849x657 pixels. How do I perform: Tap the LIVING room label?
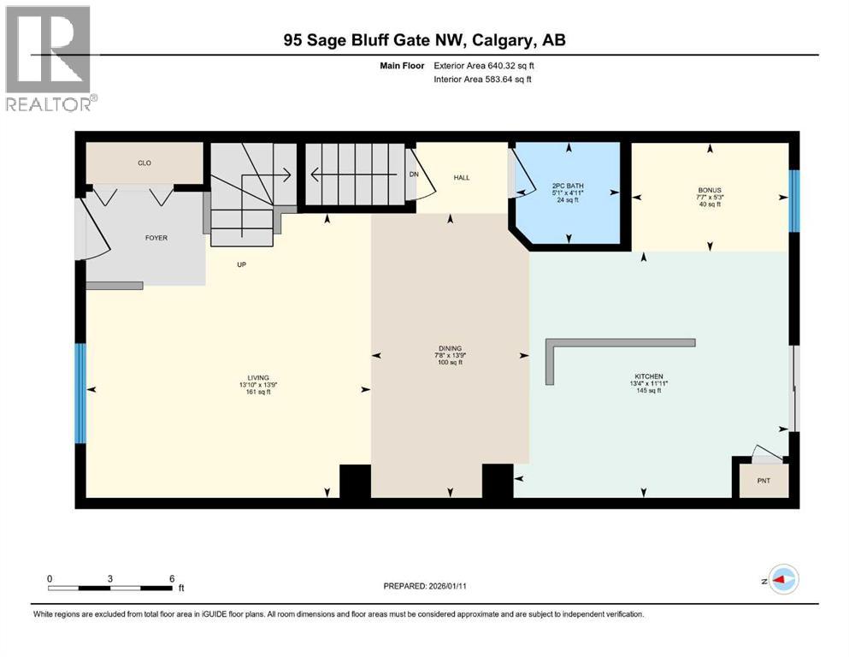click(258, 377)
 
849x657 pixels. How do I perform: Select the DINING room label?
click(450, 348)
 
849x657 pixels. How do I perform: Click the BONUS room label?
click(710, 190)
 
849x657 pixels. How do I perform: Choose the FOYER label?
click(156, 238)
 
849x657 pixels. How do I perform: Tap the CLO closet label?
click(144, 163)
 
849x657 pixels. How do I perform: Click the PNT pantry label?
click(764, 481)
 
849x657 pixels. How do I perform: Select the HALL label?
click(462, 178)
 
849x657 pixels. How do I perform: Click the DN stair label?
click(414, 174)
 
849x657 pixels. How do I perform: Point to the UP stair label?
click(242, 264)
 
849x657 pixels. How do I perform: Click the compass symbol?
click(783, 579)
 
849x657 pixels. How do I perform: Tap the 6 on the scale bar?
click(172, 578)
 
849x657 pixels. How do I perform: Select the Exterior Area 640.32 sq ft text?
click(487, 66)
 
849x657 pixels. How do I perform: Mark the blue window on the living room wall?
click(80, 394)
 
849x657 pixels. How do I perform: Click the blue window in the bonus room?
click(793, 201)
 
